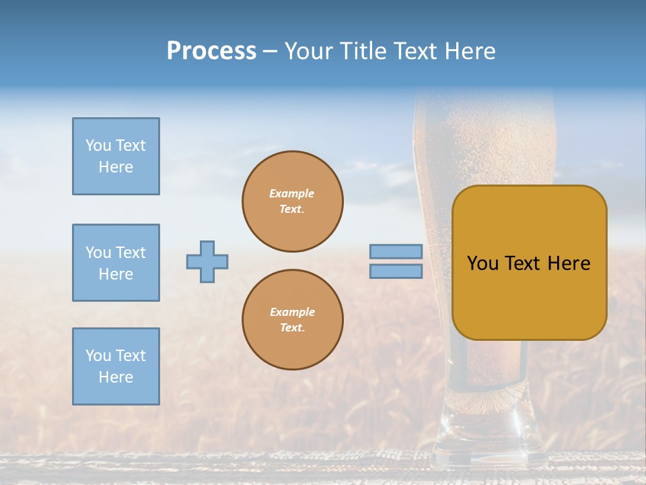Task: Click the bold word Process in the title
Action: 211,51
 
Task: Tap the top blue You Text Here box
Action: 116,156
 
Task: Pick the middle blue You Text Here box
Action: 116,263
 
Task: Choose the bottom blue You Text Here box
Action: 116,366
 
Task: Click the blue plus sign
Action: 207,261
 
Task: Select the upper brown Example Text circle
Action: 292,201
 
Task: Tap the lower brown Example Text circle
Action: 292,320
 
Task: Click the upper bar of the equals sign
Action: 396,251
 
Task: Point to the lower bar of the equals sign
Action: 396,271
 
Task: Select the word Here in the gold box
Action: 569,263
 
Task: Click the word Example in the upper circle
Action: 292,193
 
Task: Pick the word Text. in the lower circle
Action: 292,328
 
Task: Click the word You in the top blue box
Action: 98,145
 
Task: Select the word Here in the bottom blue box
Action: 116,377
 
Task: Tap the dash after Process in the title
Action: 270,51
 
